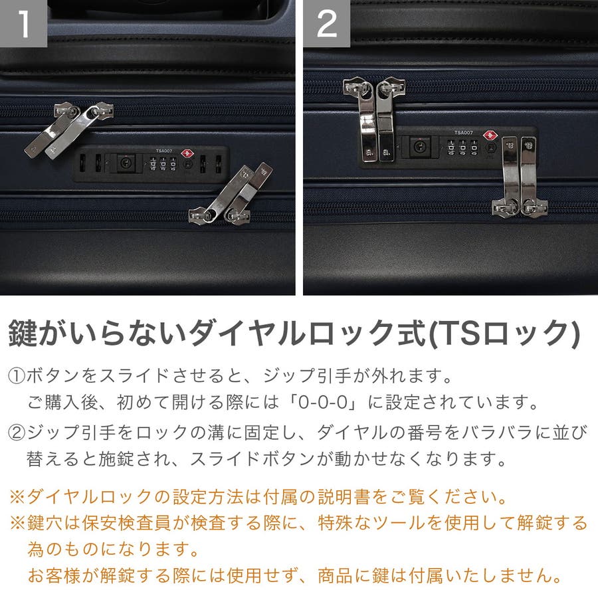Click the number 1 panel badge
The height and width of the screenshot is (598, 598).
coord(23,23)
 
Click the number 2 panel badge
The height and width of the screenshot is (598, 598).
coord(326,23)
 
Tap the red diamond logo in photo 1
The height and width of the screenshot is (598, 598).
coord(187,153)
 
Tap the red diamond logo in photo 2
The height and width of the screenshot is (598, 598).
coord(490,136)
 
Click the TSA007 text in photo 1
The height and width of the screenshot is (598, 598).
coord(164,151)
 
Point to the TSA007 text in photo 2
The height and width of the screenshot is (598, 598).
coord(464,132)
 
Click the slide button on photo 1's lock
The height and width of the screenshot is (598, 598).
coord(125,163)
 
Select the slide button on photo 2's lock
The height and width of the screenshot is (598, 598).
coord(420,146)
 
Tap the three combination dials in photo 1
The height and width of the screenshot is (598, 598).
coord(163,163)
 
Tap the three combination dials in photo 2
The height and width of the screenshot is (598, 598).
coord(462,147)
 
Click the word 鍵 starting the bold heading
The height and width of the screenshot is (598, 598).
coord(24,333)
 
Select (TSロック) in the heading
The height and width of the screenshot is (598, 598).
coord(504,334)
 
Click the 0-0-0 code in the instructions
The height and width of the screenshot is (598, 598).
coord(323,402)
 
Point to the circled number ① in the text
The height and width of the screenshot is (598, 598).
coord(17,376)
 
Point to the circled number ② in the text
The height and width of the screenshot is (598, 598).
coord(17,433)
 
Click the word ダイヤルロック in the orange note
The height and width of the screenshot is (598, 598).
coord(89,496)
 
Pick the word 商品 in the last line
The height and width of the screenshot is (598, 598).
coord(336,575)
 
